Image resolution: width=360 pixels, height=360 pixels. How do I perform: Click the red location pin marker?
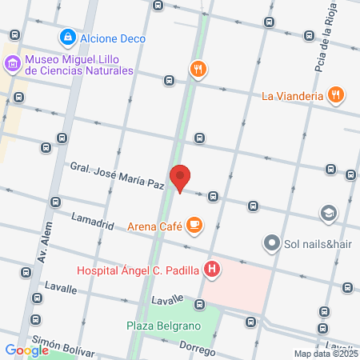click(x=180, y=178)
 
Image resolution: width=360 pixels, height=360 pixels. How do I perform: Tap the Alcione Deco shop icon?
click(x=69, y=37)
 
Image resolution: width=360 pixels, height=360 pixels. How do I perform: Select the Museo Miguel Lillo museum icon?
click(x=12, y=64)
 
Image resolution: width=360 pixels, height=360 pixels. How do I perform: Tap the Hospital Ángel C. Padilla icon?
click(x=211, y=269)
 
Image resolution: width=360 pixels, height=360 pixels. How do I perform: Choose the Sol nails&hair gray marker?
click(x=272, y=242)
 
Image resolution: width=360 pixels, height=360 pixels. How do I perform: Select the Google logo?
click(x=27, y=350)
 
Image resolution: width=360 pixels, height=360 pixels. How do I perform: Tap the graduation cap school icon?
click(x=327, y=213)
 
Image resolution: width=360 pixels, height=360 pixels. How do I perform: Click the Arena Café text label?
click(x=154, y=226)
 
